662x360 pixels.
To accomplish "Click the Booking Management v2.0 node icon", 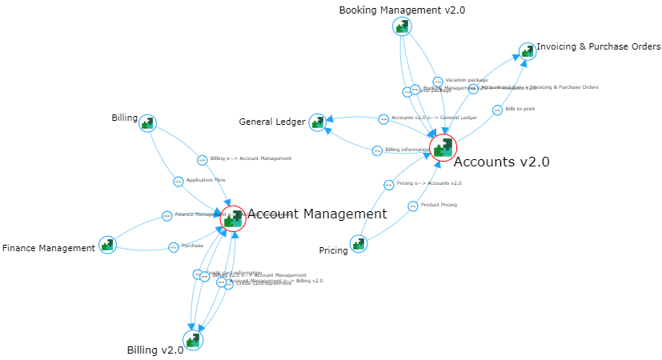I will [x=402, y=27].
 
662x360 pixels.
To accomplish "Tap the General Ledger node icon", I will [x=318, y=122].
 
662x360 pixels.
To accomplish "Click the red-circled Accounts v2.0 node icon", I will [x=443, y=147].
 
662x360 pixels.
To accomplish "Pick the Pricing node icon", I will [x=359, y=243].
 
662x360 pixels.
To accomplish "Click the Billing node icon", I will [x=147, y=123].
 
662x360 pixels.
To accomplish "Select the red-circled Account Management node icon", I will [x=233, y=218].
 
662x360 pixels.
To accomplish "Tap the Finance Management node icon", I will [x=107, y=245].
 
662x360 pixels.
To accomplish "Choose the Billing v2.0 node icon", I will [x=193, y=340].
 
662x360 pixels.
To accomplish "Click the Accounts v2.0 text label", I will [x=501, y=162].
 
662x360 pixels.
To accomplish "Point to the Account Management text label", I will [x=317, y=214].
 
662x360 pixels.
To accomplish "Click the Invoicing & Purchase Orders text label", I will [x=598, y=47].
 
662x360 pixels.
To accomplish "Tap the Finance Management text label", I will [x=49, y=249].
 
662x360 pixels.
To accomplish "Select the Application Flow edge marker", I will [x=179, y=181].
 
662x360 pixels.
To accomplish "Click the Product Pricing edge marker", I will [x=413, y=206].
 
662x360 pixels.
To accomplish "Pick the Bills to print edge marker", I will [x=497, y=110].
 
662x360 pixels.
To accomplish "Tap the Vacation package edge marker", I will [x=438, y=82].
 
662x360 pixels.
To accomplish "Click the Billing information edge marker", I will [x=378, y=150].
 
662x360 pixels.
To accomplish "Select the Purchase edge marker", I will [x=174, y=246].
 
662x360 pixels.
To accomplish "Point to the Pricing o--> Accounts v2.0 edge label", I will [x=428, y=183].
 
